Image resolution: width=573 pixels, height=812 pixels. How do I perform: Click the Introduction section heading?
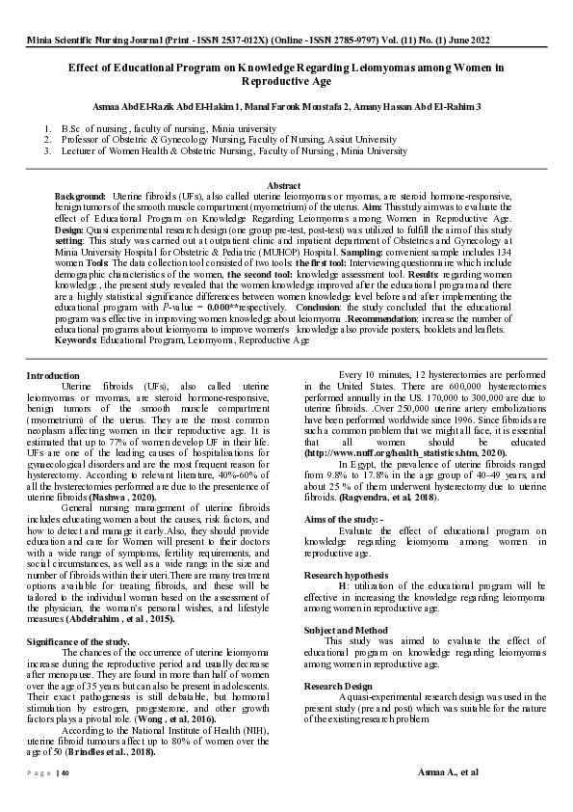pyautogui.click(x=53, y=375)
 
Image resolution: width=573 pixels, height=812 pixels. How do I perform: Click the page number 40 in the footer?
pyautogui.click(x=65, y=773)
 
